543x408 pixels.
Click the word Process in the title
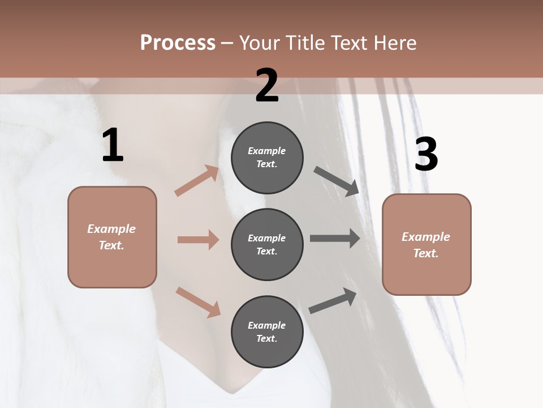(178, 42)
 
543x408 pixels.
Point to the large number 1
(113, 146)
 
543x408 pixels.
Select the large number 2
(267, 86)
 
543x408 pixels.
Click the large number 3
(426, 155)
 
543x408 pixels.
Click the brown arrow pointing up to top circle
(197, 181)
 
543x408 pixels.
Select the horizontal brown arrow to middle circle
(198, 240)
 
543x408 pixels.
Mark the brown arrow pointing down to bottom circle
(198, 301)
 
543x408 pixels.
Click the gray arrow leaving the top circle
(337, 181)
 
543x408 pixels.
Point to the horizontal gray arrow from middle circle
(335, 239)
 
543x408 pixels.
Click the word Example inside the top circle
(266, 151)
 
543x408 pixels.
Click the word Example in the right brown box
(426, 237)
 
